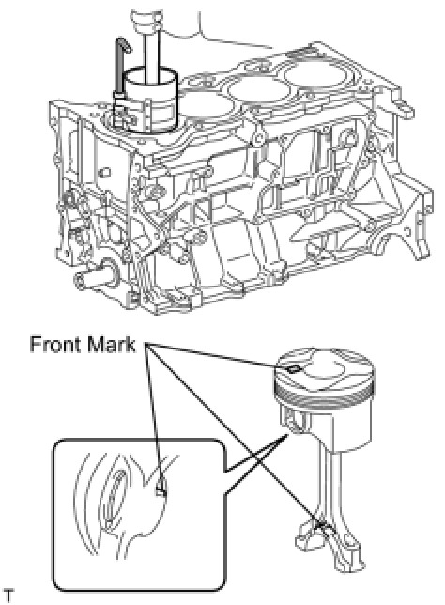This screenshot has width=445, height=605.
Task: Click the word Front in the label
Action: click(x=56, y=345)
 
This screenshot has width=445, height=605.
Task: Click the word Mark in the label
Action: click(x=112, y=345)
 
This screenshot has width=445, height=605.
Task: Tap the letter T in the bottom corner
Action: click(x=8, y=596)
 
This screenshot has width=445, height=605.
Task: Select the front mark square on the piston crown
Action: click(x=293, y=369)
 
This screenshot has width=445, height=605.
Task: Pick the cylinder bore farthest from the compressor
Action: click(x=315, y=74)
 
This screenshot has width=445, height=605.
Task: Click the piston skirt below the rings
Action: click(x=347, y=428)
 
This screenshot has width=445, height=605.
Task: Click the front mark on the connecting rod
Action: click(x=322, y=526)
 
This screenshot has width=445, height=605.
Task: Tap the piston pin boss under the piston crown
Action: click(x=292, y=421)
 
